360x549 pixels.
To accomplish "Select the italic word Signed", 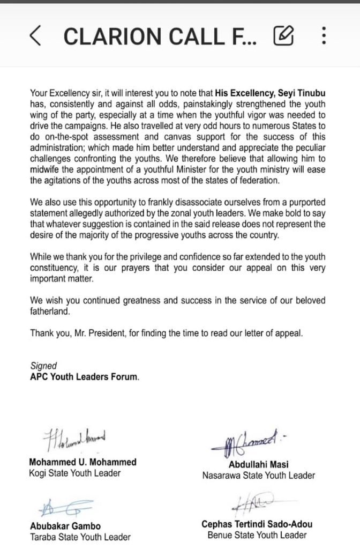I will (44, 367).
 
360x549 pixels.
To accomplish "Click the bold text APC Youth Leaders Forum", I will (84, 377).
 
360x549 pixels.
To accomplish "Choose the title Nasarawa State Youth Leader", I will (258, 475).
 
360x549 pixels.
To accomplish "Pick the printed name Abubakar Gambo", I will (64, 526).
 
